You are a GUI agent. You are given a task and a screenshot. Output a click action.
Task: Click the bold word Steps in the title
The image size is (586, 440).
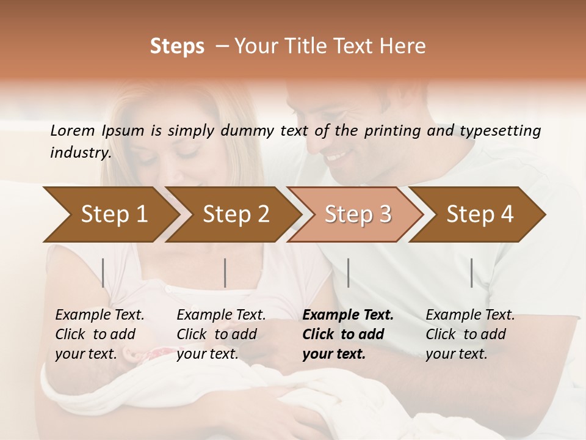177,46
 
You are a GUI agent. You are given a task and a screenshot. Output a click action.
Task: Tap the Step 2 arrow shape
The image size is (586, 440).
236,215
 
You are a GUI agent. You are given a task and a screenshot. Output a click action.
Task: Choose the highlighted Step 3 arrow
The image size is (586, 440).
358,215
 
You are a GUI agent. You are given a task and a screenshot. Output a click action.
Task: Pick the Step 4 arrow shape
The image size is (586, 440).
480,215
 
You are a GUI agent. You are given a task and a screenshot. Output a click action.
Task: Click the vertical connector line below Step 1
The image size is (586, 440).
103,273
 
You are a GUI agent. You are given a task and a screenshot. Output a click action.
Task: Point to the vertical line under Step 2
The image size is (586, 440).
225,273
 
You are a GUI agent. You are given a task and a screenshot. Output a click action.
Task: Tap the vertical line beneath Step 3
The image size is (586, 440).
348,273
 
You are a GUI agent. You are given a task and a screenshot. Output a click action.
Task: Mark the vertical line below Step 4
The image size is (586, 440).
472,273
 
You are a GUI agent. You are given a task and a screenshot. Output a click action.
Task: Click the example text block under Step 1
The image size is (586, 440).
99,334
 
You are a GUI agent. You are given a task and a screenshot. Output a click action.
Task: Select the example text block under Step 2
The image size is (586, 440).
221,334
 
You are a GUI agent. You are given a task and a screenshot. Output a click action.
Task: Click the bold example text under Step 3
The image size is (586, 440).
348,334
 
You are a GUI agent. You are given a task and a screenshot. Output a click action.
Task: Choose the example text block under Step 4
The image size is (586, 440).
470,334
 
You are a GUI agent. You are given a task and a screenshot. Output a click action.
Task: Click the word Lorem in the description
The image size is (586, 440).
73,131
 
